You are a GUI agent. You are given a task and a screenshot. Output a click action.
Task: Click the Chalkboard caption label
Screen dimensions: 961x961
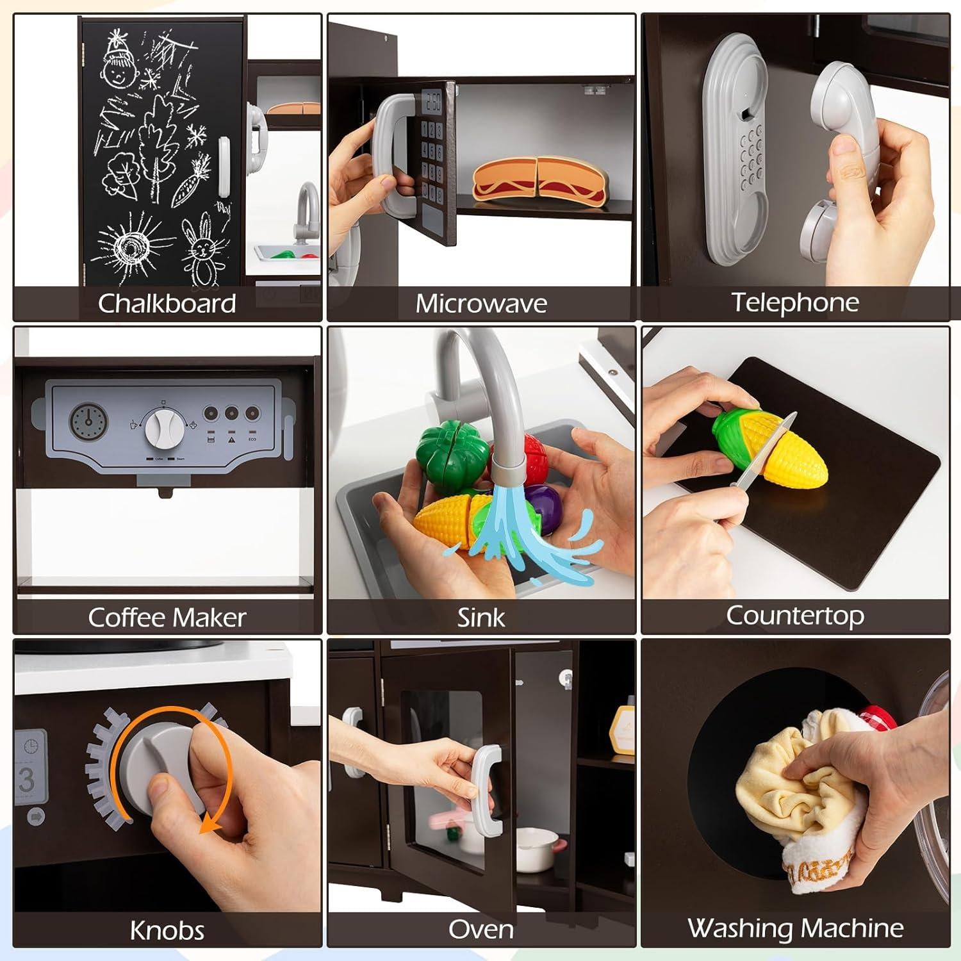tap(167, 303)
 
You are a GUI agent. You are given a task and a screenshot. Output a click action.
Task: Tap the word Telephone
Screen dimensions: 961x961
tap(795, 302)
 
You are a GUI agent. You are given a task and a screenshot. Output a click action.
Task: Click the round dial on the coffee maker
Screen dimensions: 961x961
tap(163, 427)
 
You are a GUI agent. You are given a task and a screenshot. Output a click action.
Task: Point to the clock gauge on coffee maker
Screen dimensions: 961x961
tap(88, 421)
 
